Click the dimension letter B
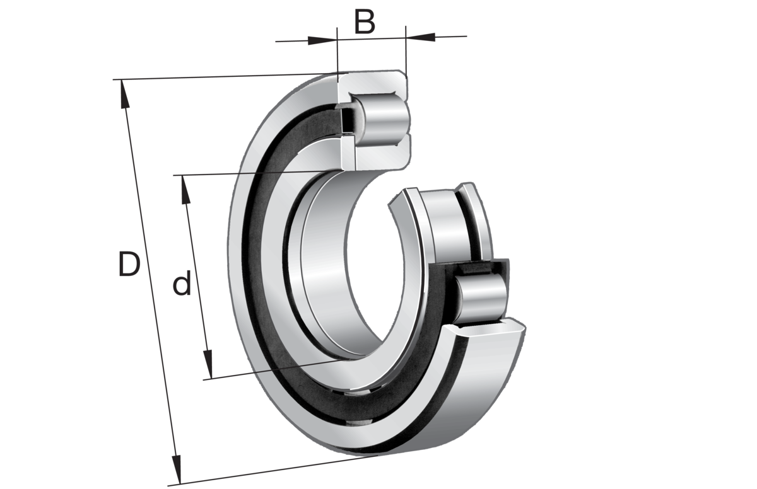[x=365, y=22]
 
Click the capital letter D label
[x=129, y=264]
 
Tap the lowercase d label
[x=182, y=283]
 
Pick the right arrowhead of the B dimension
[x=420, y=37]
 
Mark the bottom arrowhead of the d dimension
[x=208, y=364]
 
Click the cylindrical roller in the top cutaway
[x=385, y=120]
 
